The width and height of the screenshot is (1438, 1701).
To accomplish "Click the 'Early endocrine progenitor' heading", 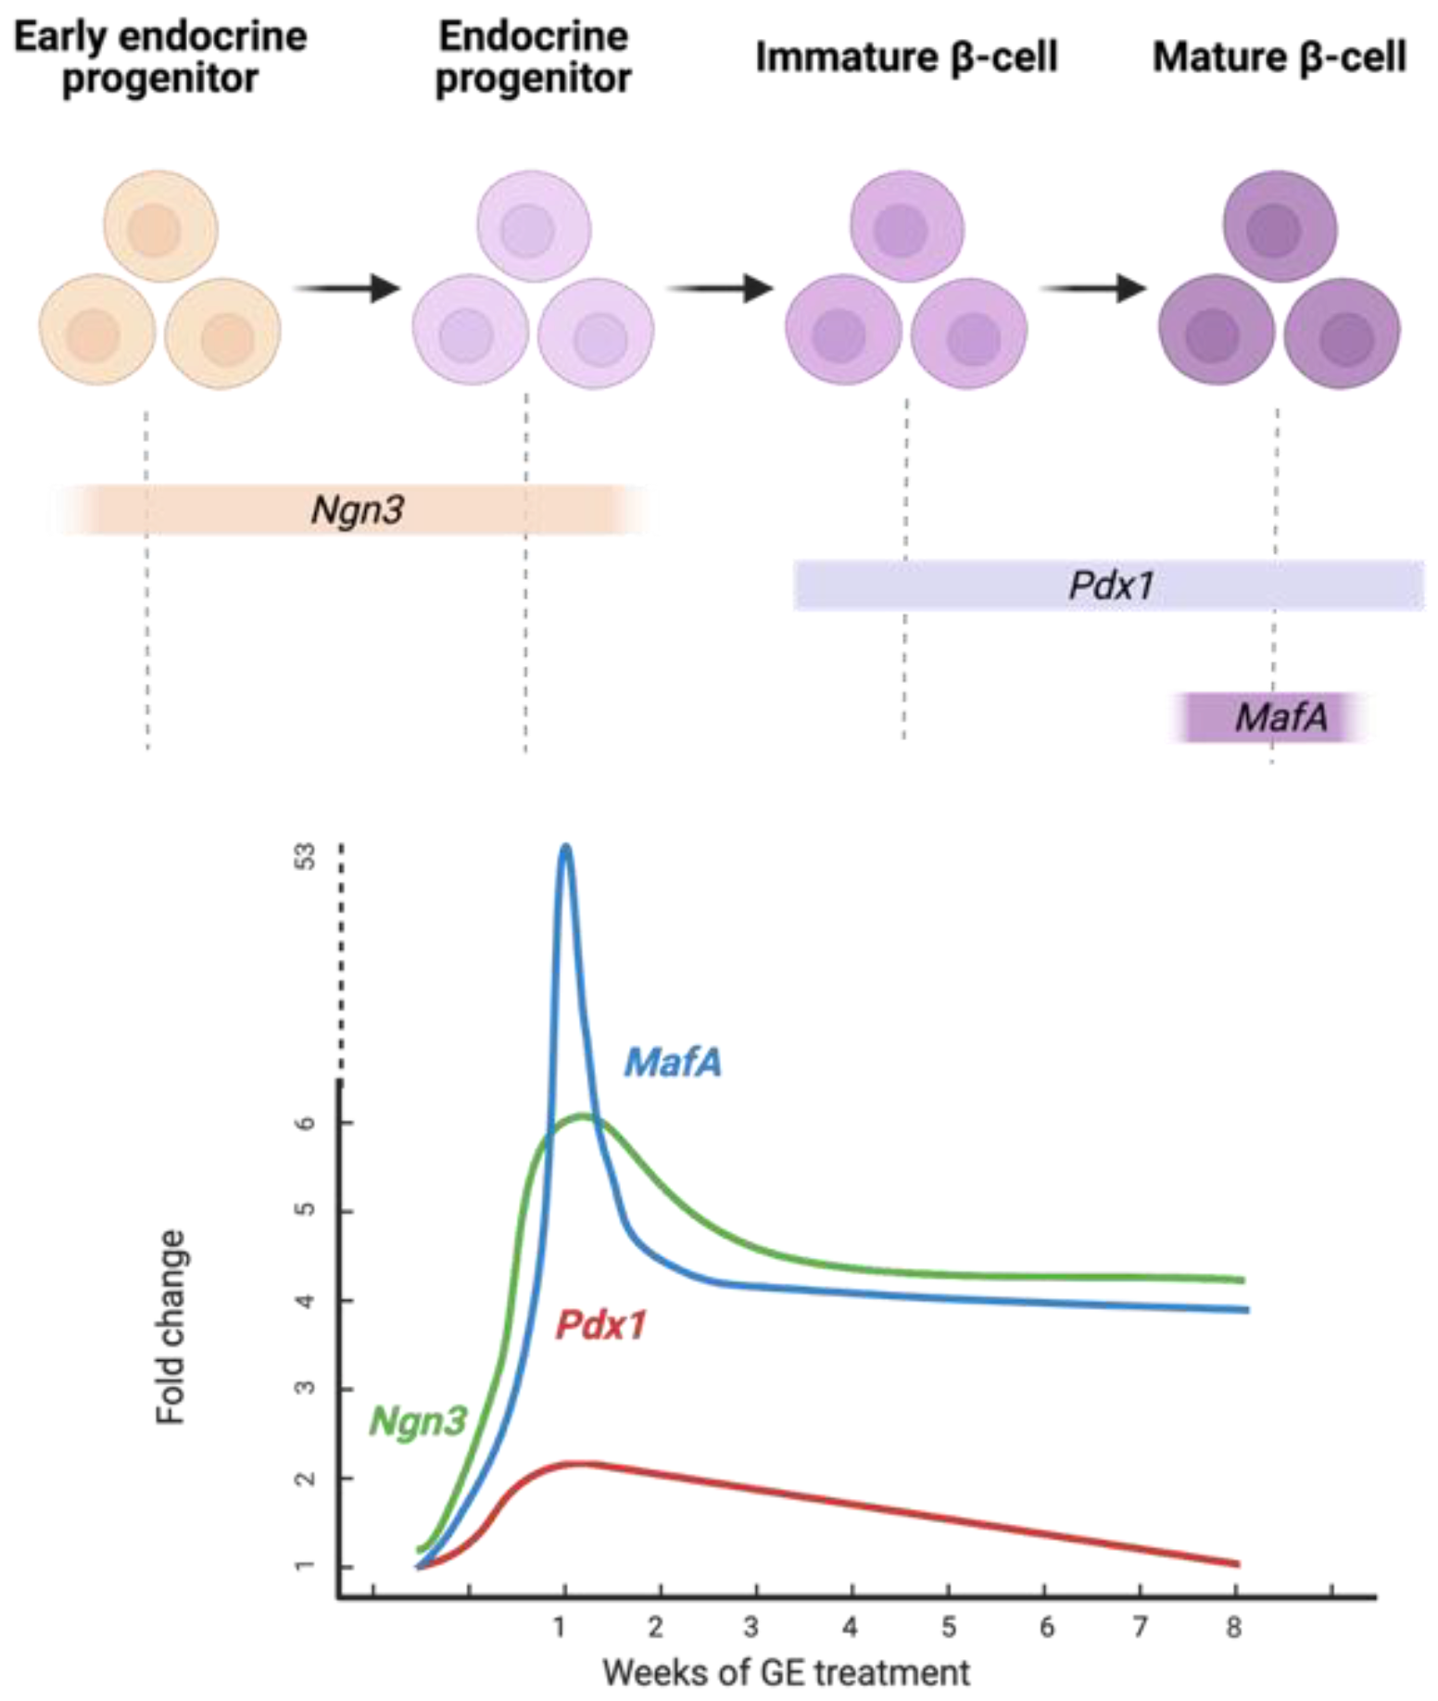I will tap(159, 57).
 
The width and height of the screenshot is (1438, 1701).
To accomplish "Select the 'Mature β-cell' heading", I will tap(1279, 57).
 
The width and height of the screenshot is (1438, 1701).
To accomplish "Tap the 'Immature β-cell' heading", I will tap(905, 57).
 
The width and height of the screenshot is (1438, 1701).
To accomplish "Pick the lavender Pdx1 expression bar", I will tap(1109, 586).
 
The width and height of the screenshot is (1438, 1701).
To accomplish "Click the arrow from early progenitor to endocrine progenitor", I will tap(347, 288).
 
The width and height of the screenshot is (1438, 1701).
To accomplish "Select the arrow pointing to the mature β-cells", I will tap(1093, 288).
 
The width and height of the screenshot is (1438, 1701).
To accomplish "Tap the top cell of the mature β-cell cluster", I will tap(1280, 226).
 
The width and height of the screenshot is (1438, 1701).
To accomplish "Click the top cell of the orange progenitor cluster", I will tap(160, 226).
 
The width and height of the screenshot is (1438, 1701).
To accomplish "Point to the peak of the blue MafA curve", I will tap(565, 847).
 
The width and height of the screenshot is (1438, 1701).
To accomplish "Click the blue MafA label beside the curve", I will tap(673, 1062).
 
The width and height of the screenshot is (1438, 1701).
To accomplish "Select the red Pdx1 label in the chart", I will tap(600, 1326).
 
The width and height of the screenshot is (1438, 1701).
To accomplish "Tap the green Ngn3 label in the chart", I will tap(417, 1420).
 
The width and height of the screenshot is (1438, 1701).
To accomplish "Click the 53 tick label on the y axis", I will tap(306, 856).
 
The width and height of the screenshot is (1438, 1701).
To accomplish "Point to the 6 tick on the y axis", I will tap(306, 1123).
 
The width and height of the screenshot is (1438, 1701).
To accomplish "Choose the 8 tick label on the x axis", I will tap(1234, 1628).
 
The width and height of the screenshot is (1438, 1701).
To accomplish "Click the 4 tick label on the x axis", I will tap(850, 1628).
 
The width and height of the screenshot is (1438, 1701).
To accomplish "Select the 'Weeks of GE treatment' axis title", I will tap(786, 1673).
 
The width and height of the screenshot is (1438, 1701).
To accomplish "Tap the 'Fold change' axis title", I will tap(171, 1327).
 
